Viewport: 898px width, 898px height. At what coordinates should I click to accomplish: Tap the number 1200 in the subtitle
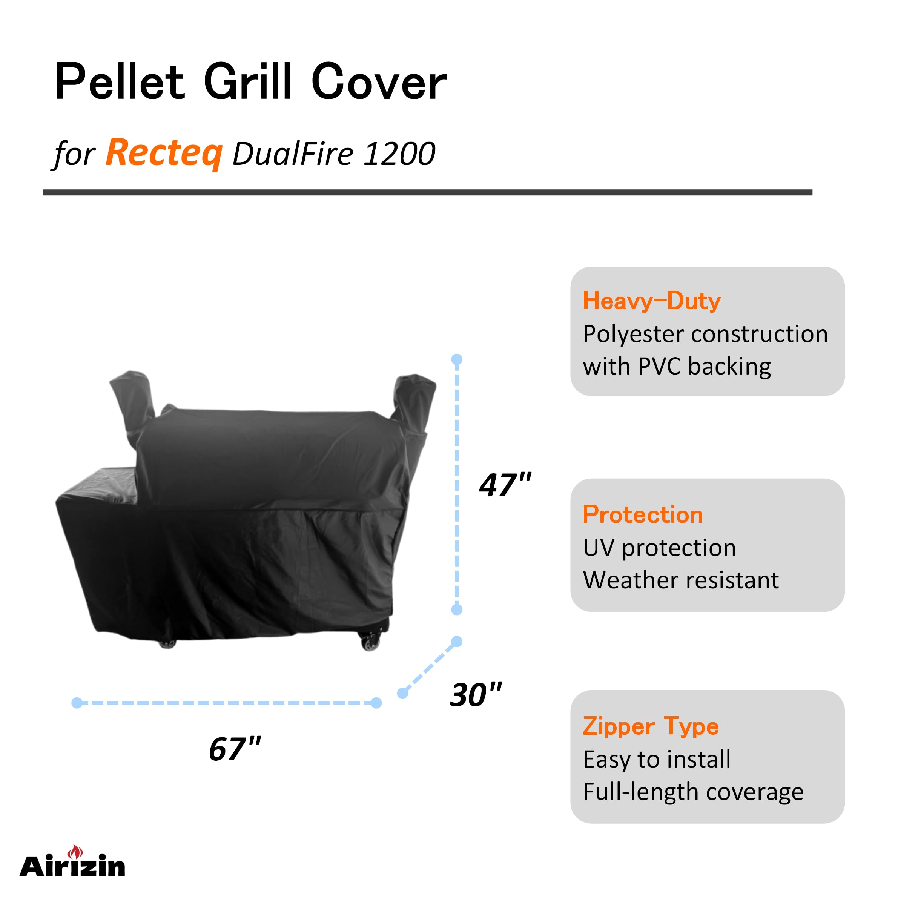pos(399,154)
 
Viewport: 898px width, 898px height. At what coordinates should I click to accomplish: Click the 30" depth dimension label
pos(476,695)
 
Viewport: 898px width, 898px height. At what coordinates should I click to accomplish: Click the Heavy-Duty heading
pos(652,301)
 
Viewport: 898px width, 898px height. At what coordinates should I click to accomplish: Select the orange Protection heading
pos(642,514)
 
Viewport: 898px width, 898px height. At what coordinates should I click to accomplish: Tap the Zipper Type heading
pos(651,726)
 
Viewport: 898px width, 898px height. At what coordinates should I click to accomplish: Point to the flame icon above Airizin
pos(75,852)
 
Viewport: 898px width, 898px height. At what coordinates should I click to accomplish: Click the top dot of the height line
pos(457,359)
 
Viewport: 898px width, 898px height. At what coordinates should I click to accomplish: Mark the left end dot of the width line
pos(77,703)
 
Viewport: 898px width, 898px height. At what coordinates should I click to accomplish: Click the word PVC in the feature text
pos(660,366)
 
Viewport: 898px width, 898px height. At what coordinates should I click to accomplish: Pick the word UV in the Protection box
pos(599,548)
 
